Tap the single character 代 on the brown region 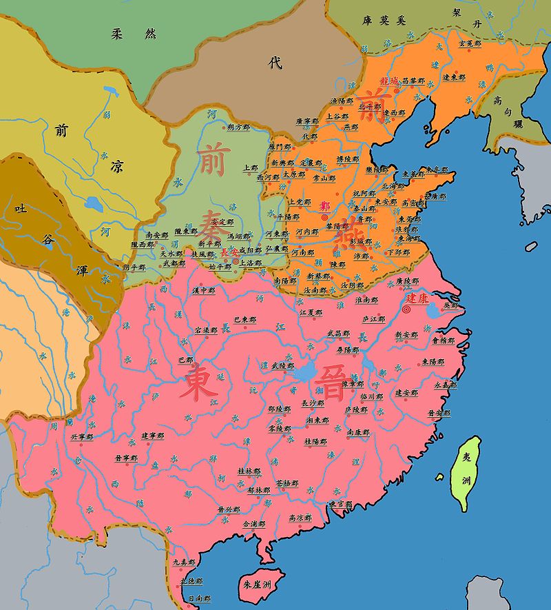tap(275, 63)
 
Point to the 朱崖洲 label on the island tap(257, 583)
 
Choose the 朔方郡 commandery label tap(238, 128)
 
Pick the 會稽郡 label tap(443, 340)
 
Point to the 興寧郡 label tap(81, 436)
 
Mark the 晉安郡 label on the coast tap(439, 413)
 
